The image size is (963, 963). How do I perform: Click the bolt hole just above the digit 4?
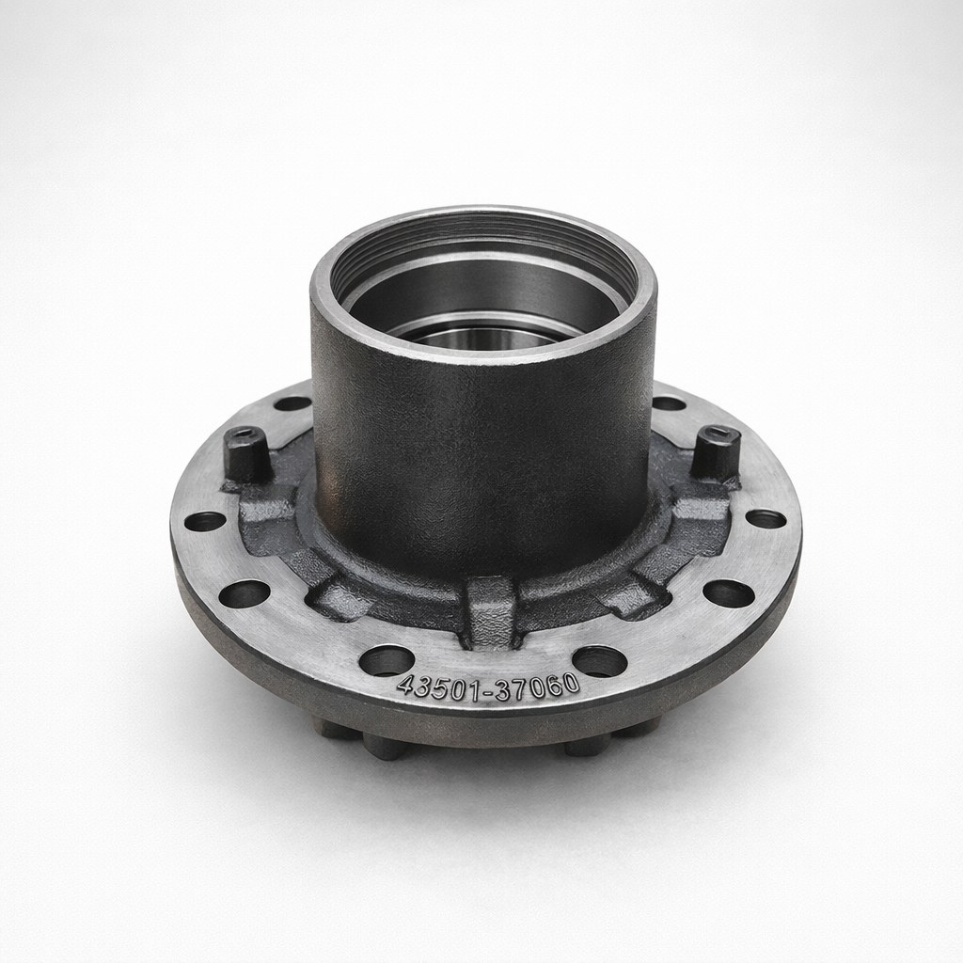tap(386, 659)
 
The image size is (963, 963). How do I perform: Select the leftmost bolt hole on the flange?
tap(206, 521)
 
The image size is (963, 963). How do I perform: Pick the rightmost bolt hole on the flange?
tap(765, 518)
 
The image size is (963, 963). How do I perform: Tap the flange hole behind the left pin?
tap(292, 403)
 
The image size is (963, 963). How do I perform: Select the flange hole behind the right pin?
tap(669, 403)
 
